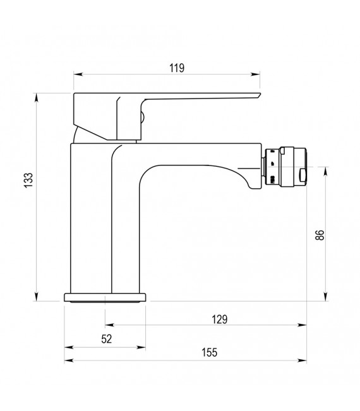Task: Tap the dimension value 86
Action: (x=320, y=235)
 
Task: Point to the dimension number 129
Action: (x=219, y=319)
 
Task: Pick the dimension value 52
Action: (x=106, y=339)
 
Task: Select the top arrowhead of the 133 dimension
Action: (x=37, y=97)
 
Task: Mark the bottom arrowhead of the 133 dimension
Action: (x=37, y=299)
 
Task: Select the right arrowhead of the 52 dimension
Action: (x=142, y=347)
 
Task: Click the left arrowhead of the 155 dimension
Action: (x=67, y=361)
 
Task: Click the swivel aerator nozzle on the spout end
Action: (x=287, y=167)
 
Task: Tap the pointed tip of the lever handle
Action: (x=260, y=95)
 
